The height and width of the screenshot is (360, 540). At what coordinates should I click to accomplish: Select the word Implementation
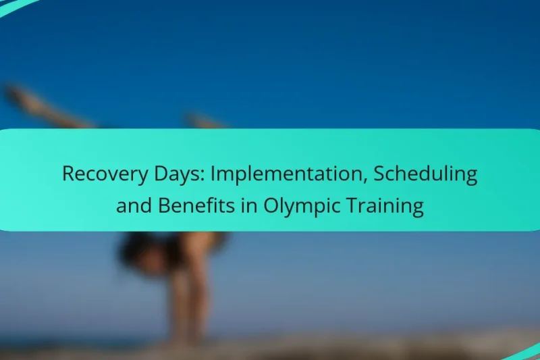289,174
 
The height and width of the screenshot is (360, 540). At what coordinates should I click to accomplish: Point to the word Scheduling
426,174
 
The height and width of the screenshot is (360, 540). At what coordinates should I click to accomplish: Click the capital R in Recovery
68,174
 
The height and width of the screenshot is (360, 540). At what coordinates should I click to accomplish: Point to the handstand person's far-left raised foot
12,93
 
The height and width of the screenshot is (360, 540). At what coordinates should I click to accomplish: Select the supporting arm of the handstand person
179,297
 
